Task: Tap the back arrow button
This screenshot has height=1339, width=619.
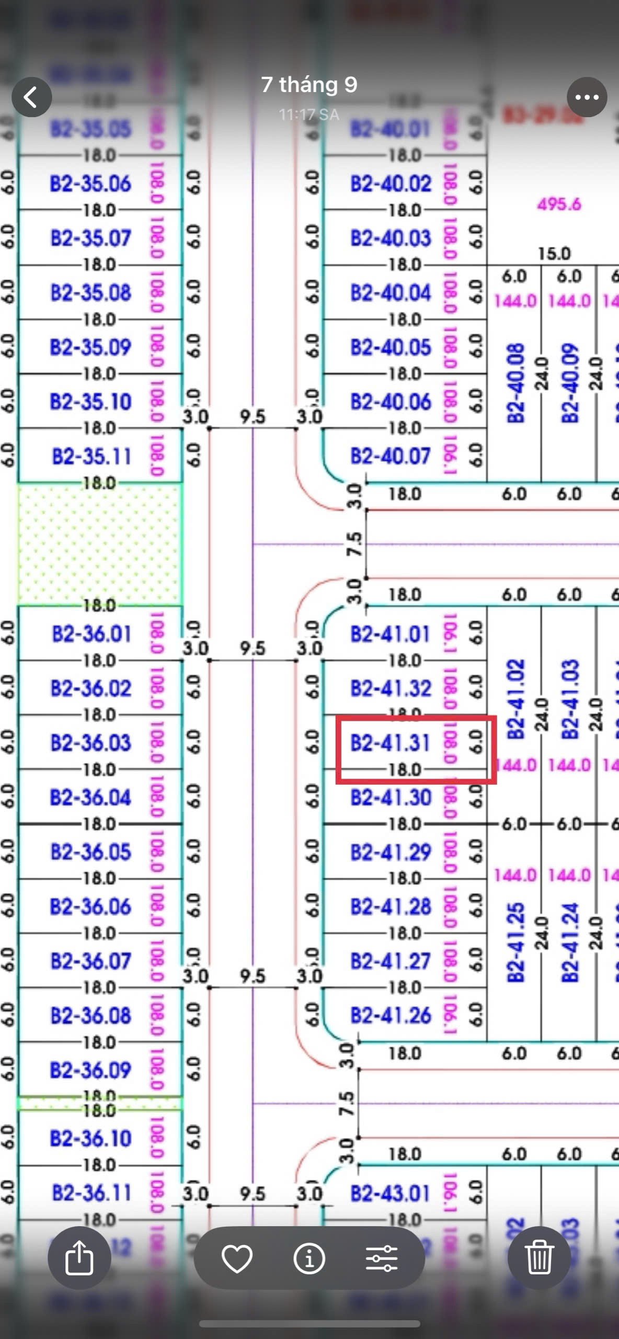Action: pos(31,97)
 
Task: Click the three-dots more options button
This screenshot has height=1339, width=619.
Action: pos(587,97)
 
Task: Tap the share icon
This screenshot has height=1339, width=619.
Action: pos(79,1258)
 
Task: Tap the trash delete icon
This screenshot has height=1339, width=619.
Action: pos(538,1258)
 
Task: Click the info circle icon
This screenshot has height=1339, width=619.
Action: pos(309,1258)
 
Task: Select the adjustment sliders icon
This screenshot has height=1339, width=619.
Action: pos(382,1258)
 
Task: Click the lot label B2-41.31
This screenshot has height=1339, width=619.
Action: pos(390,743)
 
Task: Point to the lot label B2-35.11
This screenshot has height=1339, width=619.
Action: pos(91,457)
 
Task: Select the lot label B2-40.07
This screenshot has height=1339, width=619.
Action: pos(391,457)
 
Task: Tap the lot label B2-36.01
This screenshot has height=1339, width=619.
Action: pos(91,634)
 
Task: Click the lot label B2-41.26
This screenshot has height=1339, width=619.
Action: pos(391,1016)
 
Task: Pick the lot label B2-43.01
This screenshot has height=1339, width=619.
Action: pos(391,1194)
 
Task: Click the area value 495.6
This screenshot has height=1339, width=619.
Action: pos(559,204)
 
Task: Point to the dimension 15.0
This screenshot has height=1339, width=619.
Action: pos(554,254)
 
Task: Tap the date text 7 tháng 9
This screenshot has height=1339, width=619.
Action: pos(309,85)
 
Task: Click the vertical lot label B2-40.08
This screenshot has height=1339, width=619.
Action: pos(515,383)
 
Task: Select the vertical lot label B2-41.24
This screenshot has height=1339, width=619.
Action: pos(570,943)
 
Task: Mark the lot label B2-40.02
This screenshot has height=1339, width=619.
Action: pos(391,184)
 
